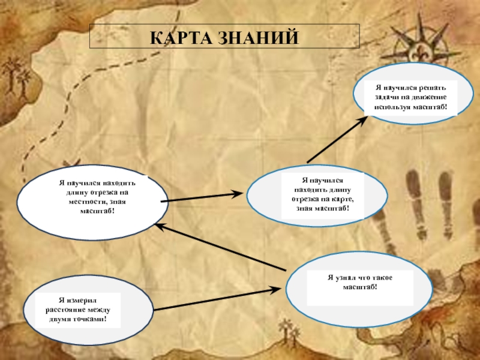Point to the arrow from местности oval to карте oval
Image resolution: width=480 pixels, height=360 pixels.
[x=202, y=197]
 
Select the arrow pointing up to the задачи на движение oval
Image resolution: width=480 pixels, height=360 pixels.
[x=337, y=139]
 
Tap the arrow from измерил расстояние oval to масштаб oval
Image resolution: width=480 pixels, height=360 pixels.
[x=216, y=299]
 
